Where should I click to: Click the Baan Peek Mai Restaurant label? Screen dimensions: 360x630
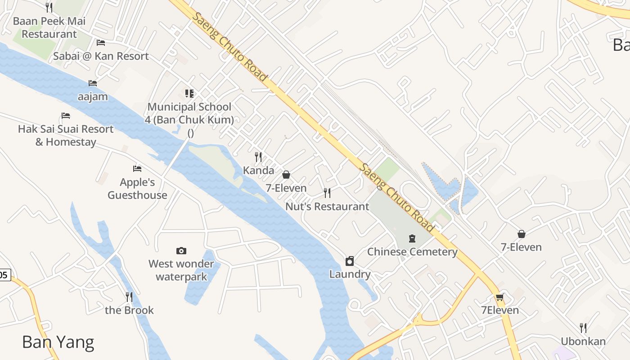(49, 27)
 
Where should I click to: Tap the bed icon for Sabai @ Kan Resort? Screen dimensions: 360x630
(101, 43)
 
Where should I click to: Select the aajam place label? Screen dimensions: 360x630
(93, 97)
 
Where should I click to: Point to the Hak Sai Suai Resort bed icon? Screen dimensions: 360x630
(66, 116)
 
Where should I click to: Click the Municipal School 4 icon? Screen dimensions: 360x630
(189, 94)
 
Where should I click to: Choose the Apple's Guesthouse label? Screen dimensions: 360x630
(137, 189)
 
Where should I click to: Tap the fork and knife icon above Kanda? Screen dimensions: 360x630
(258, 157)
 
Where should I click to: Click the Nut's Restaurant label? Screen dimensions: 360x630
(327, 207)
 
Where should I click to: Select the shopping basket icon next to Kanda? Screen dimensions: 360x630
(286, 175)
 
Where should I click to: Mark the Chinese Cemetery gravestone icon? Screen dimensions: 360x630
(412, 238)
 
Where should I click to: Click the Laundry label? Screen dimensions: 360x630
(350, 274)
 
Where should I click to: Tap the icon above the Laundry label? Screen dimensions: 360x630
(350, 261)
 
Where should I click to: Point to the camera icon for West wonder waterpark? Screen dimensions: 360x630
(181, 251)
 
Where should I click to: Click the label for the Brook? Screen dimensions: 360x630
(129, 310)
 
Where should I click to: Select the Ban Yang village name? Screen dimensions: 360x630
(58, 342)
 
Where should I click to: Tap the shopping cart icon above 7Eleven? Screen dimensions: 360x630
(499, 297)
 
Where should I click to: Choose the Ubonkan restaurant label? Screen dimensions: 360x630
(583, 341)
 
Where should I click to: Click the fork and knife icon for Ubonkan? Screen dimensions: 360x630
(583, 328)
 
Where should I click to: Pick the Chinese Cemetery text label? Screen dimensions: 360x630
(412, 252)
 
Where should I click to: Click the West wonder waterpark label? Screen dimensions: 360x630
(181, 270)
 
